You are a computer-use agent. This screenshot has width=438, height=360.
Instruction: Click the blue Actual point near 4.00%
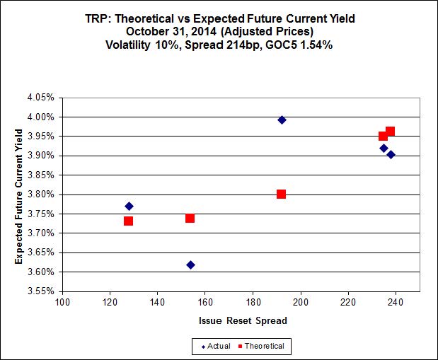coord(282,120)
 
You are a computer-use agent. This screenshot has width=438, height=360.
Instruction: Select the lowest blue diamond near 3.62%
coord(190,265)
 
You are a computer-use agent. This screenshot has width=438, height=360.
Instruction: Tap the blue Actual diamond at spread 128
coord(129,207)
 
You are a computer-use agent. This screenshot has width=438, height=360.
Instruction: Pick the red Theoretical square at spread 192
coord(281,194)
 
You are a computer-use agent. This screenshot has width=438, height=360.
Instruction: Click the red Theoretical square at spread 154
coord(190,218)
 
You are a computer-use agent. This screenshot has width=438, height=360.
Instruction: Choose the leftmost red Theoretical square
coord(128,221)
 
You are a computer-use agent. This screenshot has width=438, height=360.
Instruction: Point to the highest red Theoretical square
coord(390,132)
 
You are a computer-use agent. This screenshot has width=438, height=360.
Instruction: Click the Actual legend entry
coord(217,346)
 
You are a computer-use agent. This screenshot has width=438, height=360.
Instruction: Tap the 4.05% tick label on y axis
coord(40,98)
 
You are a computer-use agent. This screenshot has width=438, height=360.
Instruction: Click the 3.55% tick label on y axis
coord(40,291)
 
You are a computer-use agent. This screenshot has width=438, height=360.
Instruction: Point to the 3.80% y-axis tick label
coord(40,194)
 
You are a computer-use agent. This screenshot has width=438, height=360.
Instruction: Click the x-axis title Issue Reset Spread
coord(243,320)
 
